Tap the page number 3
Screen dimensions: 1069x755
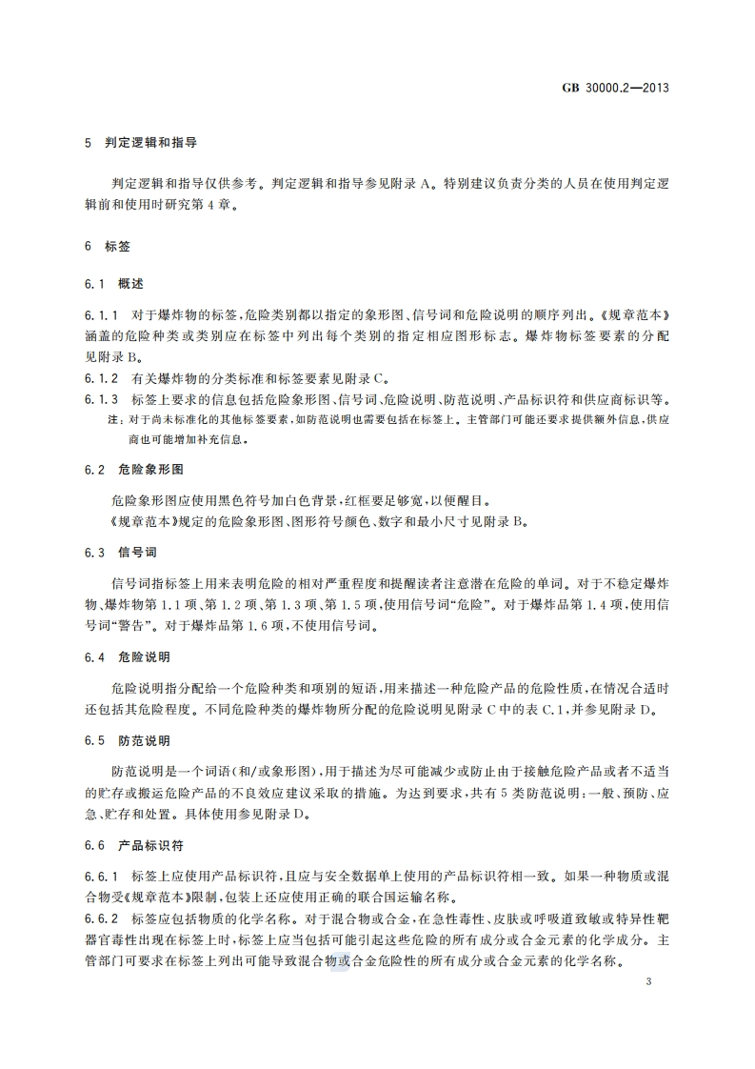click(647, 982)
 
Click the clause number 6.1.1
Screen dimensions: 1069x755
click(100, 313)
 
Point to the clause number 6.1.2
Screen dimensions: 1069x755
click(100, 378)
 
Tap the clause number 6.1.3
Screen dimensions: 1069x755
click(100, 399)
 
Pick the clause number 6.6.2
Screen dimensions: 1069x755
click(100, 918)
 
